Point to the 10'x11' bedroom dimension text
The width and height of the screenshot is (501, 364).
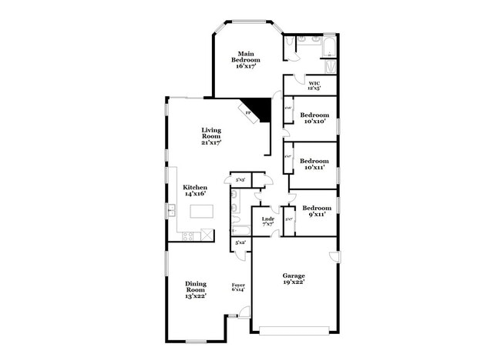pyautogui.click(x=314, y=166)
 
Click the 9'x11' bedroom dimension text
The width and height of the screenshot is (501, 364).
pyautogui.click(x=317, y=214)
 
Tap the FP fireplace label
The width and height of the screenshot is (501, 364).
pyautogui.click(x=248, y=113)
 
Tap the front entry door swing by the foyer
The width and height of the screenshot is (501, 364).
pyautogui.click(x=244, y=312)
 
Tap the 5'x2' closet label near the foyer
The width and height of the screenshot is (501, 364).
pyautogui.click(x=240, y=242)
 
